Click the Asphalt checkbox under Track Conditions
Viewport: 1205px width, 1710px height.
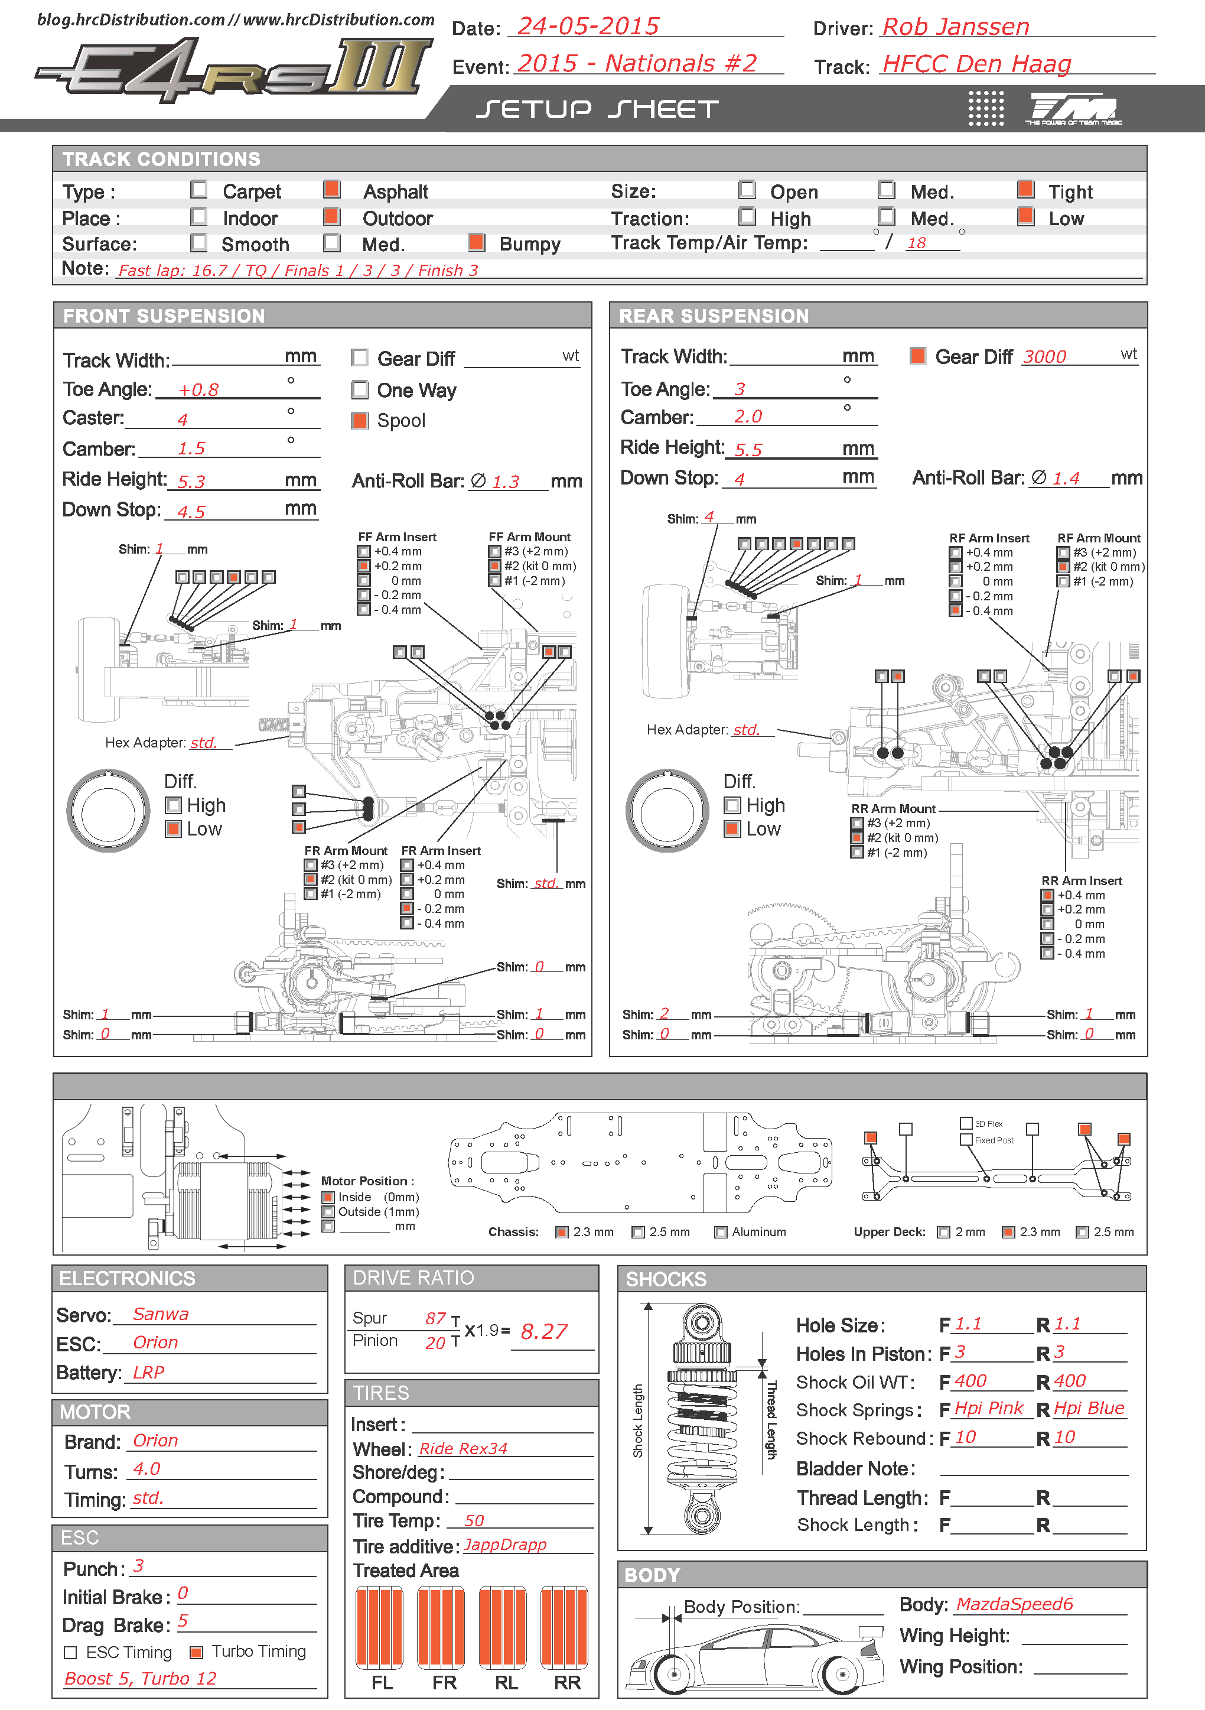pyautogui.click(x=332, y=189)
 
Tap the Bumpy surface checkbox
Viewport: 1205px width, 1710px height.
pyautogui.click(x=477, y=242)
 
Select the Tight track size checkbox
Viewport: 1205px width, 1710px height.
pyautogui.click(x=1025, y=189)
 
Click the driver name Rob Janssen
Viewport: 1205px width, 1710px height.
pyautogui.click(x=956, y=28)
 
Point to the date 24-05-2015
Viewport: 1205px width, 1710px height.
pyautogui.click(x=588, y=27)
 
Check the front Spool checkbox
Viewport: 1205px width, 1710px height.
pyautogui.click(x=360, y=421)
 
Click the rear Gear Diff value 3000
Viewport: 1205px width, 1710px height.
pyautogui.click(x=1044, y=357)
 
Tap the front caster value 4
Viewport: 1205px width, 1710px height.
pyautogui.click(x=183, y=420)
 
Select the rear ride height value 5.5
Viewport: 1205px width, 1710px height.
pyautogui.click(x=748, y=450)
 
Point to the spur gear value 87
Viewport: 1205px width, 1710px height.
pyautogui.click(x=436, y=1318)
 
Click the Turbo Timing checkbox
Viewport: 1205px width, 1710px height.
pyautogui.click(x=197, y=1653)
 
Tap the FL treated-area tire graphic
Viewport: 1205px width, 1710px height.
pyautogui.click(x=380, y=1627)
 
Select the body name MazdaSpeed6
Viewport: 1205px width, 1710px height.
pyautogui.click(x=1014, y=1604)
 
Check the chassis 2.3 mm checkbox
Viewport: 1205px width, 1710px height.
pyautogui.click(x=562, y=1233)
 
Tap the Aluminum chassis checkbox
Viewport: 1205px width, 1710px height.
pyautogui.click(x=721, y=1233)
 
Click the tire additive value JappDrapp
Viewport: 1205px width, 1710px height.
pyautogui.click(x=505, y=1545)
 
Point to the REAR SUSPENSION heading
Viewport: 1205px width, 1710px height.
pyautogui.click(x=714, y=316)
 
